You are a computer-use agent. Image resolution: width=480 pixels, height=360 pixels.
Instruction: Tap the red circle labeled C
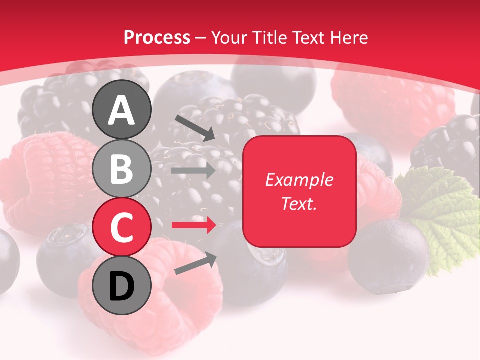click(x=122, y=227)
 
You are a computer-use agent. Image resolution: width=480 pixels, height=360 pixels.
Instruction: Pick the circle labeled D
click(x=122, y=286)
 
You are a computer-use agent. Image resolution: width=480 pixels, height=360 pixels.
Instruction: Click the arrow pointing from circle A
click(x=195, y=127)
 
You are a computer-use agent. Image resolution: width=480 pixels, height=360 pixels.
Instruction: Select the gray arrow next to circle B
click(x=193, y=171)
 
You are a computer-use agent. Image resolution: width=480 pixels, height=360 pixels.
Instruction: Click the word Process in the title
click(x=157, y=37)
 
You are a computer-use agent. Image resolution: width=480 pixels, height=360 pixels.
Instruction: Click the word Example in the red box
click(x=299, y=180)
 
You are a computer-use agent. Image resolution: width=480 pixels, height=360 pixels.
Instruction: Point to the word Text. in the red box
click(x=299, y=203)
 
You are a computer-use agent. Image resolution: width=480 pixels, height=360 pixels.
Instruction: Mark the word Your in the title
click(x=229, y=37)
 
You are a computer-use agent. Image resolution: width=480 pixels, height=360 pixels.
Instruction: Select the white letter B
click(x=122, y=168)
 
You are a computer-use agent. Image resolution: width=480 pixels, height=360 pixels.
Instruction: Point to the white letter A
click(x=122, y=110)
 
